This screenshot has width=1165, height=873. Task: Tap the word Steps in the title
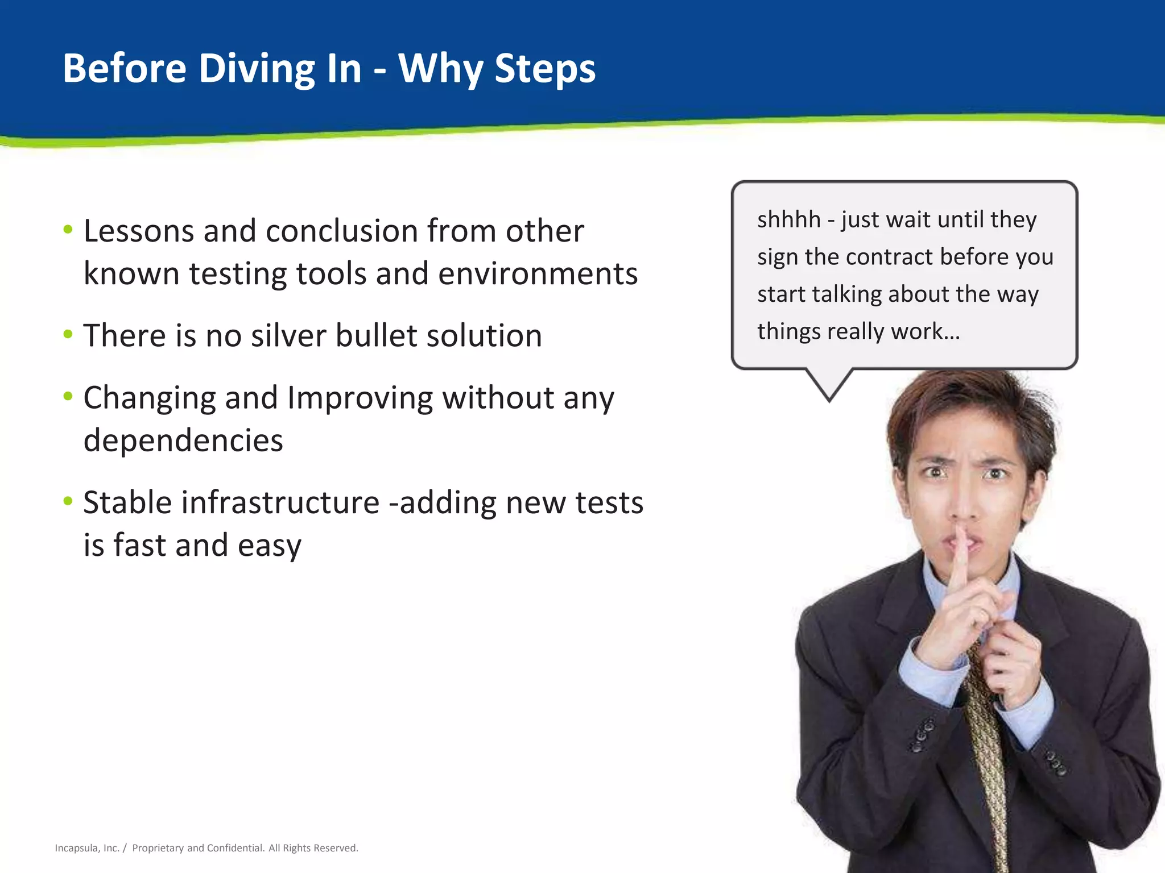point(544,69)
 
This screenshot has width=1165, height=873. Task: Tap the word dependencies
point(183,440)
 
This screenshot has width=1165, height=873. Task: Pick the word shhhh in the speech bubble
point(788,219)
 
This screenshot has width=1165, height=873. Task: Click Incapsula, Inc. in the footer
point(86,848)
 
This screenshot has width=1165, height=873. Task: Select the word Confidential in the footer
point(235,848)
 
